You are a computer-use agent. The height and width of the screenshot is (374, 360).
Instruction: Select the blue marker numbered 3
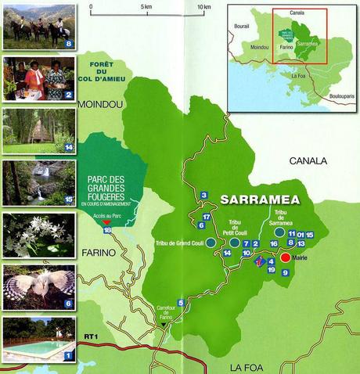[203, 195]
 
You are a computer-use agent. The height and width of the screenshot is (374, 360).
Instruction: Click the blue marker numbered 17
[207, 217]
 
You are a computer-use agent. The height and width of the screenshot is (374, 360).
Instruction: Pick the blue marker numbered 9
[285, 272]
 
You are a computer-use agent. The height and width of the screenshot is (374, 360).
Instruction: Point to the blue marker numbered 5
[181, 303]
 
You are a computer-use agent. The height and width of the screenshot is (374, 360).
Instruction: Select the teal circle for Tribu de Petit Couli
[234, 243]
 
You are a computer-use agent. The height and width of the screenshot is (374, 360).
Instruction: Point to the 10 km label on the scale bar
[204, 7]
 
